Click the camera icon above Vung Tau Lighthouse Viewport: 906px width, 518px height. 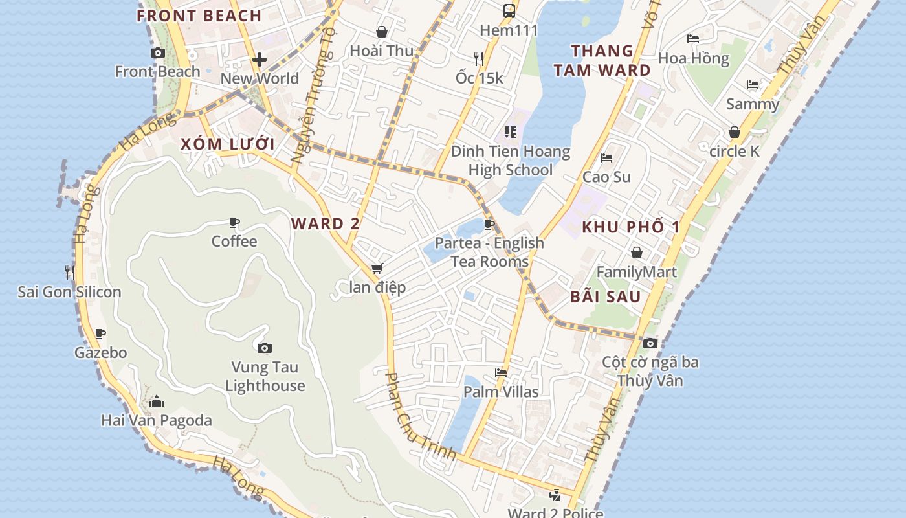click(x=264, y=348)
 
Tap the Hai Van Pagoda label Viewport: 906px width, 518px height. click(x=157, y=421)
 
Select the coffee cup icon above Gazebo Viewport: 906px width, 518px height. click(x=100, y=334)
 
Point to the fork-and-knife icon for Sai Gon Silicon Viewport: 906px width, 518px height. click(x=70, y=272)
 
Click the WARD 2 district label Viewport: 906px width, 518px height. click(x=326, y=224)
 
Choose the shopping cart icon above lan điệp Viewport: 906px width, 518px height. click(x=377, y=268)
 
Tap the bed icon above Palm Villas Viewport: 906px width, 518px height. click(x=500, y=372)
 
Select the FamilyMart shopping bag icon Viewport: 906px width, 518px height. click(x=637, y=253)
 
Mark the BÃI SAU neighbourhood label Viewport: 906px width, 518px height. click(x=606, y=297)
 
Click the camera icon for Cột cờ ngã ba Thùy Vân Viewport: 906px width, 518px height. click(x=650, y=343)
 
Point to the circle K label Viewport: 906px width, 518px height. click(x=735, y=152)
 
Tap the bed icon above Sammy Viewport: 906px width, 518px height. click(x=752, y=85)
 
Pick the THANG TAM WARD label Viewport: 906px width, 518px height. click(x=602, y=60)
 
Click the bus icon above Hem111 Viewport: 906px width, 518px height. click(x=509, y=10)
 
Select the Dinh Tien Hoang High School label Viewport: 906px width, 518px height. click(x=511, y=161)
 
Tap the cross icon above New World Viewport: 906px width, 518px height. click(x=260, y=60)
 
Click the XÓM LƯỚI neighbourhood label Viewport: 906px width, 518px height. click(x=228, y=144)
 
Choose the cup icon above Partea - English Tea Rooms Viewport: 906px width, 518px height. click(x=489, y=225)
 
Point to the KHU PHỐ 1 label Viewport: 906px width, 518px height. click(x=631, y=227)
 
